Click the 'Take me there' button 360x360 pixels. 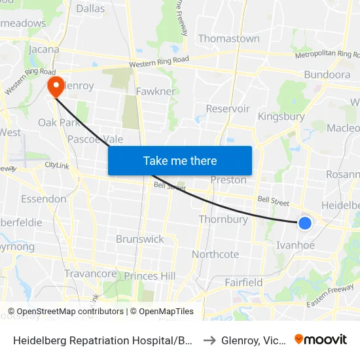click(180, 160)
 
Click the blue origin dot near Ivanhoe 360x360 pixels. click(305, 223)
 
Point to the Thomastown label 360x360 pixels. click(228, 39)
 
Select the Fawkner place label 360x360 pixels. click(156, 92)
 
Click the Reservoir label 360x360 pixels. click(228, 109)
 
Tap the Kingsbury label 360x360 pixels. click(281, 117)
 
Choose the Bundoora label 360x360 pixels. click(327, 75)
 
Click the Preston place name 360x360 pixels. click(228, 180)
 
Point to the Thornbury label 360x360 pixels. click(223, 219)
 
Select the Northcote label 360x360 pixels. click(215, 254)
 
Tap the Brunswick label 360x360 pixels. click(140, 239)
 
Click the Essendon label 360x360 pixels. click(44, 199)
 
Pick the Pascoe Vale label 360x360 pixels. click(96, 139)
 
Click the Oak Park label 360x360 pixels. click(58, 122)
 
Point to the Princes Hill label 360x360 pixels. click(150, 276)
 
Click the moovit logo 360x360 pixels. click(321, 339)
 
